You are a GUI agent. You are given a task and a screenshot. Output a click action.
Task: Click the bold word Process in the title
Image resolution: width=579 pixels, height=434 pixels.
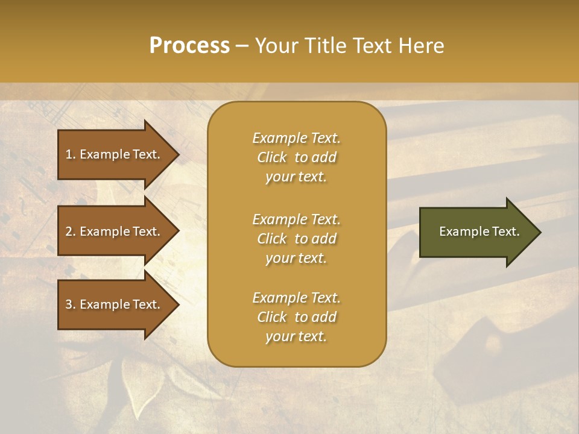click(x=189, y=45)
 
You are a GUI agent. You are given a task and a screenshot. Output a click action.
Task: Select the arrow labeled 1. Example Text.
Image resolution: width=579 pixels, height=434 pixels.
click(x=115, y=154)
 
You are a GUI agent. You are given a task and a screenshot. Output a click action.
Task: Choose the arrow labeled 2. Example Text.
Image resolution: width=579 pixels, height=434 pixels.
click(x=115, y=231)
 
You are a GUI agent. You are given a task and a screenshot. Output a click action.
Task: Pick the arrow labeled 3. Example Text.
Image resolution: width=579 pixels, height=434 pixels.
click(x=115, y=304)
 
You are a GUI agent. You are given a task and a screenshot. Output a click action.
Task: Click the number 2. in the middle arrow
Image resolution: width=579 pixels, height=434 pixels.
click(x=71, y=231)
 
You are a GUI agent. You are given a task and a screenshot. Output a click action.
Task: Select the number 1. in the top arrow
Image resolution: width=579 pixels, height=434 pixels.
click(x=71, y=154)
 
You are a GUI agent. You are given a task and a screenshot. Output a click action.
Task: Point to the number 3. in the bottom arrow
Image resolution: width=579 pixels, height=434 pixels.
click(x=71, y=304)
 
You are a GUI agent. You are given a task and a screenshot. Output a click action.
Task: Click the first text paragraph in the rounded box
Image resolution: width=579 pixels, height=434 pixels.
click(x=296, y=157)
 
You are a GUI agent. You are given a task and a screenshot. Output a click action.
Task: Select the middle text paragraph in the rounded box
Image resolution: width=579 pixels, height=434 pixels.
click(x=296, y=239)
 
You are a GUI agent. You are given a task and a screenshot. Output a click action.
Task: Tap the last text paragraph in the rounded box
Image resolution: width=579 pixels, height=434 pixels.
click(x=296, y=317)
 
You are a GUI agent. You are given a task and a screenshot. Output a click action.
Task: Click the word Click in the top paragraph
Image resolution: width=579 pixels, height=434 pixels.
click(x=272, y=157)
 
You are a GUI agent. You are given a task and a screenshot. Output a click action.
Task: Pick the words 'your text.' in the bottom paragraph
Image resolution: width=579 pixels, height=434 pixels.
click(x=296, y=336)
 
